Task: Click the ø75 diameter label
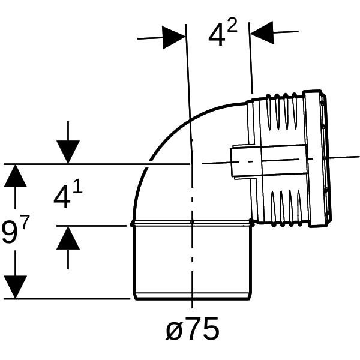192,329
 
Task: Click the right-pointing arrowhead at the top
174,37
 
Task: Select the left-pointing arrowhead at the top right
262,32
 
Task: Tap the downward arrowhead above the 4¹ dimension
68,152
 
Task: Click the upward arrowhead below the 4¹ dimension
68,238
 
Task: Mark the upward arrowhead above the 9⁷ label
16,176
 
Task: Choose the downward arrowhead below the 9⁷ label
16,287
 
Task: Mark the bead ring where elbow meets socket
193,223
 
